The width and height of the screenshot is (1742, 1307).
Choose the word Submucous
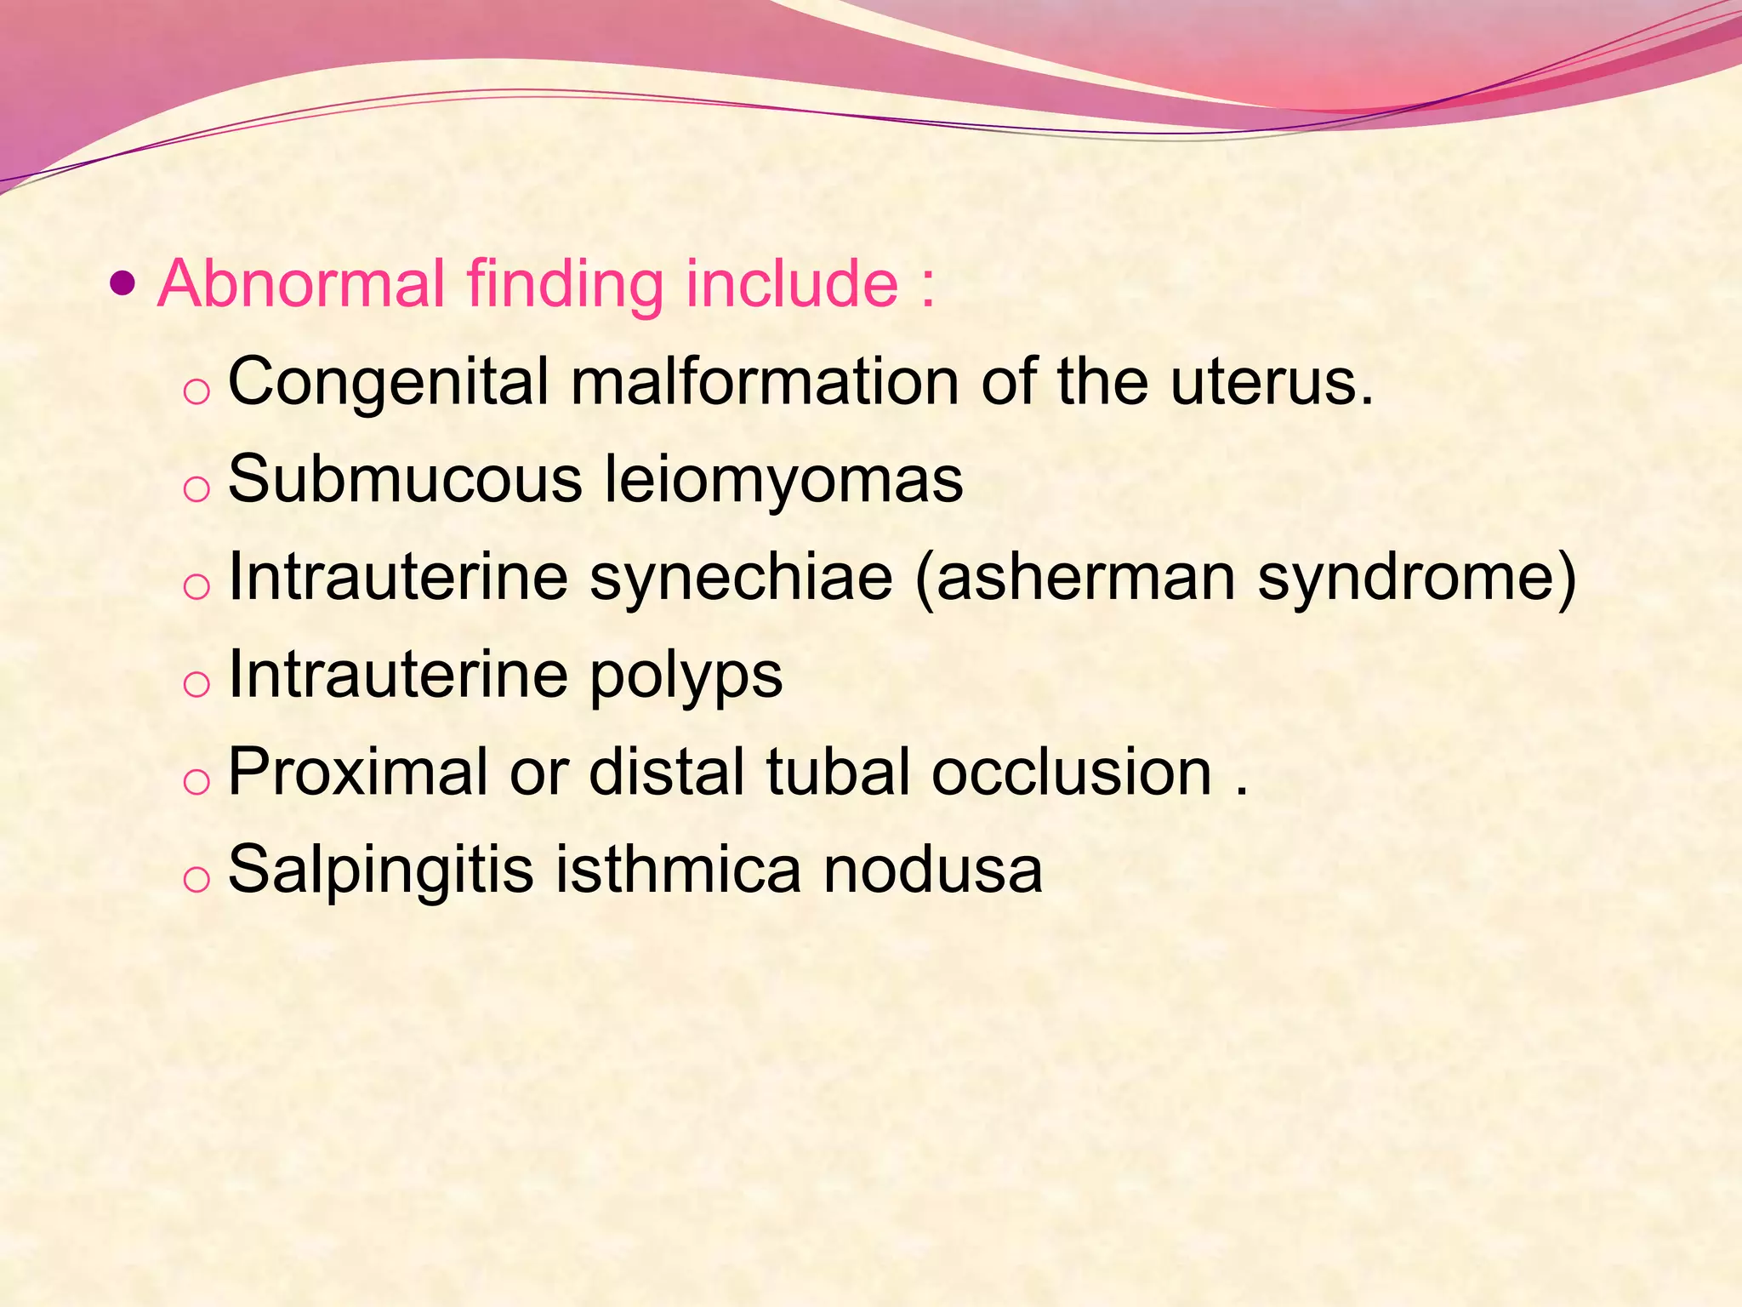click(405, 480)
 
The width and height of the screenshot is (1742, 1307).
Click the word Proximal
click(358, 773)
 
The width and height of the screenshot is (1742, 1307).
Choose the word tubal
click(839, 773)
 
